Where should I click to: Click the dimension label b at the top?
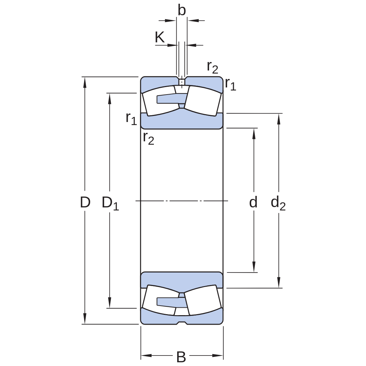(182, 10)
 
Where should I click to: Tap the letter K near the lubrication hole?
(160, 37)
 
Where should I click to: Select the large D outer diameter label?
(85, 202)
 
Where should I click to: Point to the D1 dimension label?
(110, 203)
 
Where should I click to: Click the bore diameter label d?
(253, 202)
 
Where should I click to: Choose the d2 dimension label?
(278, 203)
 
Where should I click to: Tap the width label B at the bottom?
(181, 357)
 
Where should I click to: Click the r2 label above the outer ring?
(212, 67)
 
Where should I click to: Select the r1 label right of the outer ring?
(230, 84)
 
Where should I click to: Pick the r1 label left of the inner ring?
(131, 119)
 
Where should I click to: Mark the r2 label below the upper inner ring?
(148, 138)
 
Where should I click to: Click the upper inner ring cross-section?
(182, 120)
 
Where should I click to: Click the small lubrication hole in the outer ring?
(182, 82)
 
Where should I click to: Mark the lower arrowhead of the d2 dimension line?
(279, 282)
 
